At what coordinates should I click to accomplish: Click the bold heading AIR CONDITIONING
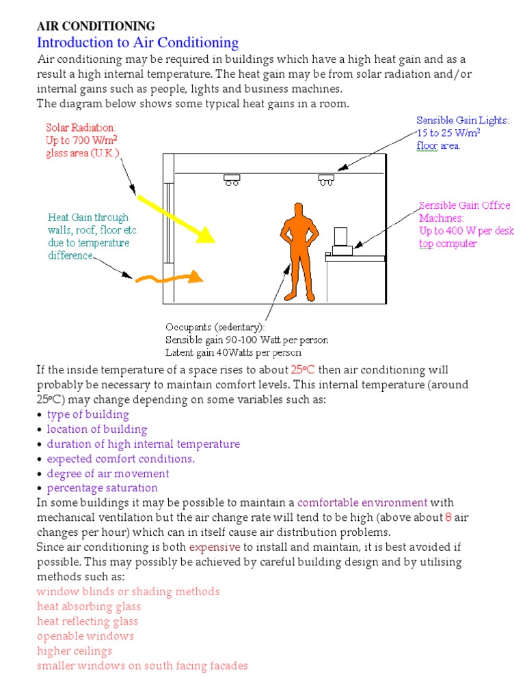[96, 27]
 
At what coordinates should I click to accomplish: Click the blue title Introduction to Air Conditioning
[137, 43]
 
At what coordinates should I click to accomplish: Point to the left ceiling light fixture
[232, 180]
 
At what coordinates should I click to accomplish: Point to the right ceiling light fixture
[325, 180]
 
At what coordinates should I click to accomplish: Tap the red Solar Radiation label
[82, 140]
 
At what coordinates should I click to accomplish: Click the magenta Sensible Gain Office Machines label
[466, 224]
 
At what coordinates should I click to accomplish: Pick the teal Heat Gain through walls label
[88, 236]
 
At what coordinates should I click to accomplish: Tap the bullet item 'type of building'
[87, 414]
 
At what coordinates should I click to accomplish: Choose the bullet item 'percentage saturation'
[102, 488]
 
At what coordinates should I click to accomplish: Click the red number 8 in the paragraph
[448, 517]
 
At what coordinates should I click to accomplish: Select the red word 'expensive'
[215, 547]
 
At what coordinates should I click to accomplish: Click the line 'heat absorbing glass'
[89, 606]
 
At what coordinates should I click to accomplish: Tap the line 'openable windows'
[85, 636]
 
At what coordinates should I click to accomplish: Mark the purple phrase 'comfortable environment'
[362, 503]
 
